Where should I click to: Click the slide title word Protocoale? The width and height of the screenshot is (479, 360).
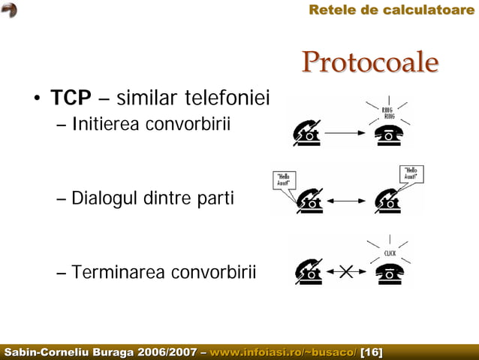369,63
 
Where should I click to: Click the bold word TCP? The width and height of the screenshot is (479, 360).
71,98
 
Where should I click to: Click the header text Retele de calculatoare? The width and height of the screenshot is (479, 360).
391,10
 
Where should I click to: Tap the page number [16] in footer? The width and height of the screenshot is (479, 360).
372,352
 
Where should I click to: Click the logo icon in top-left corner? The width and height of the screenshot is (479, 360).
9,9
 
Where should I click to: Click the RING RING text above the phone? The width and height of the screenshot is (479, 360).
389,113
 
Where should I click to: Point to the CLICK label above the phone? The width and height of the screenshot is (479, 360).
390,253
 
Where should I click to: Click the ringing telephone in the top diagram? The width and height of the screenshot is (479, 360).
389,134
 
